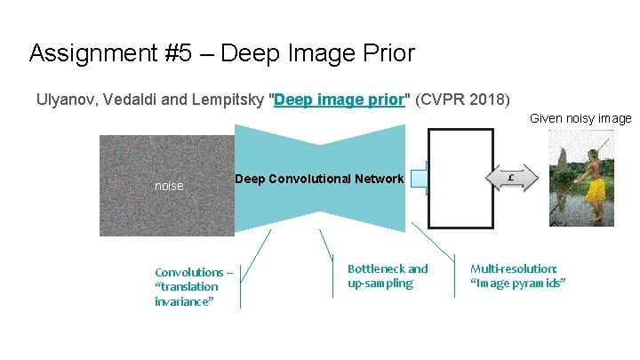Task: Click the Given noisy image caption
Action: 580,118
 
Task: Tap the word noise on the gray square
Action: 169,187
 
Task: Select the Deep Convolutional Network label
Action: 319,180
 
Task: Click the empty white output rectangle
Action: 461,178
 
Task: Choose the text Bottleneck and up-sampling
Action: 388,276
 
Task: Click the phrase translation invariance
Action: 186,293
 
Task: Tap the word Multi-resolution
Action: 514,268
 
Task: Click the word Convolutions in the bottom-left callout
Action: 188,272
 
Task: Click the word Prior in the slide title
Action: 386,53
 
